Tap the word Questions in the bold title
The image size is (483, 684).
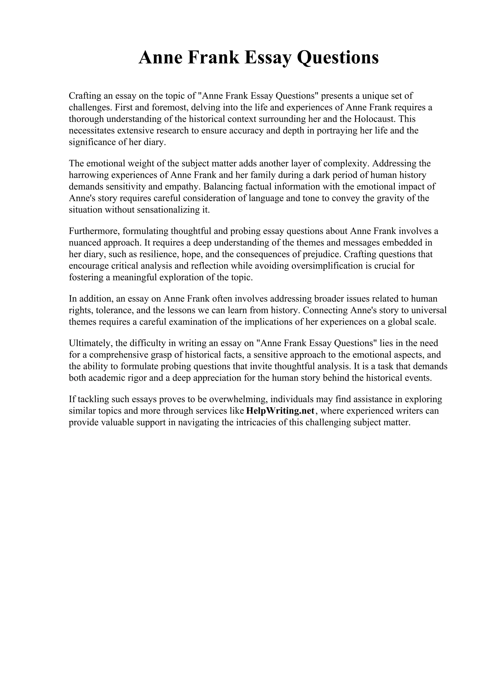(x=338, y=58)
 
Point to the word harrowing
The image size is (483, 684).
(x=89, y=175)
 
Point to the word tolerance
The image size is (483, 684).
(x=114, y=310)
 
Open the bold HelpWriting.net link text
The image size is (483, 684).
(x=280, y=411)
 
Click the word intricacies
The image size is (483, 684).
(x=258, y=422)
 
